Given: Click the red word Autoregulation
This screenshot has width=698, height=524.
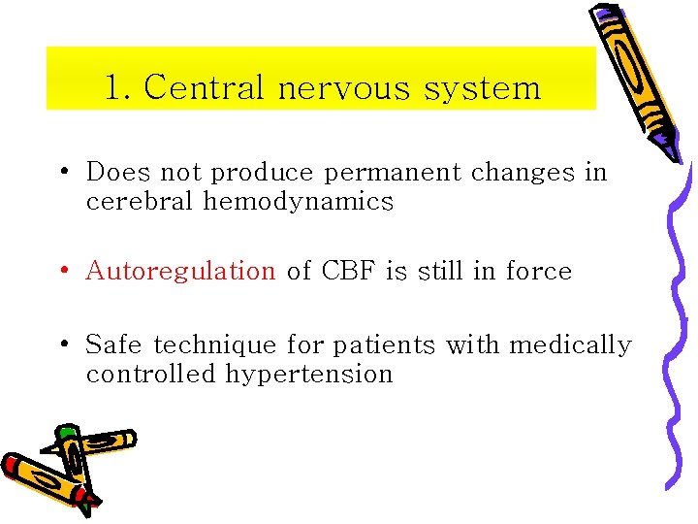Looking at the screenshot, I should pos(180,272).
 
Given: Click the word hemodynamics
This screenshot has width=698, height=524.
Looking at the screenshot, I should pos(299,202).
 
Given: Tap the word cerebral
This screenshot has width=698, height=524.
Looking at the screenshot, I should pos(140,202).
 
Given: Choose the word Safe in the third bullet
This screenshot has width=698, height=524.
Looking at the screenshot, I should pos(114,344).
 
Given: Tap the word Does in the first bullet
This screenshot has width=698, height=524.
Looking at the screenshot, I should pos(115,173).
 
